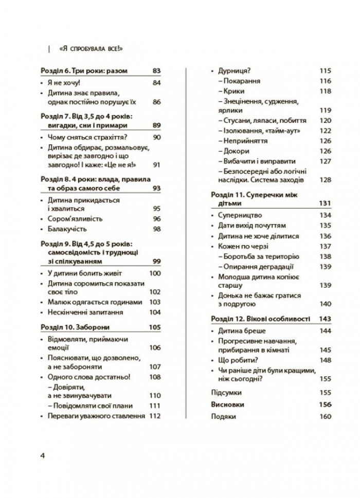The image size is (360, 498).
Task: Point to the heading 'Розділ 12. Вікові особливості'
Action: [x=261, y=319]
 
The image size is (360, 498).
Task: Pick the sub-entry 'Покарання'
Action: [x=242, y=81]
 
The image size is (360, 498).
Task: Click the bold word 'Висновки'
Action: [x=228, y=404]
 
